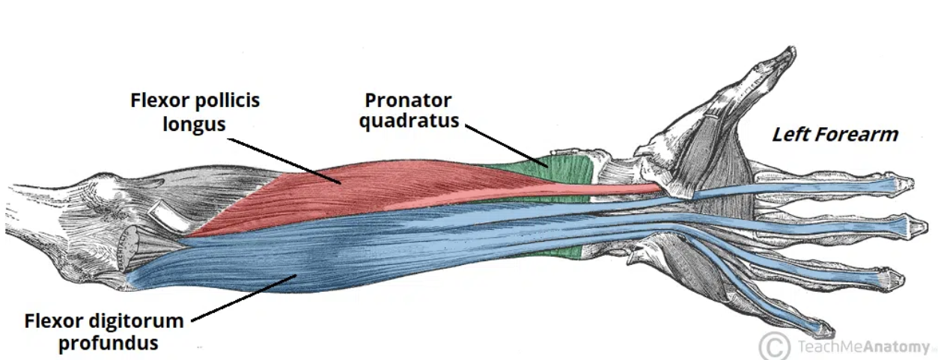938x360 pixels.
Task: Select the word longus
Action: tap(194, 123)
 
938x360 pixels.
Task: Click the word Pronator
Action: tap(409, 100)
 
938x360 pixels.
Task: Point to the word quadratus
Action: tap(409, 121)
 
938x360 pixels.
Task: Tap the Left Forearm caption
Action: tap(835, 135)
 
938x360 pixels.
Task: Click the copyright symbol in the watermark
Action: tap(774, 346)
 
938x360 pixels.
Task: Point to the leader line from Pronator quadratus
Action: tap(506, 144)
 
